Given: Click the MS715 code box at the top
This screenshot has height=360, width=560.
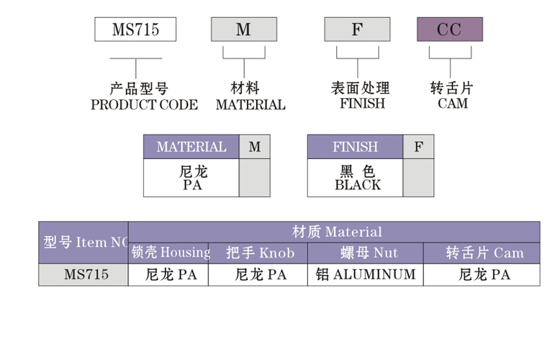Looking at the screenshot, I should pos(135,30).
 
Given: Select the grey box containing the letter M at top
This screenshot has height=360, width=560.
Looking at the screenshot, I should pos(243,30).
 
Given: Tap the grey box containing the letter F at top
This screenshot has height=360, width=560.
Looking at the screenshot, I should pos(357,30).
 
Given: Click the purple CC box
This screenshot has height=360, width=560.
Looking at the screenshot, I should pos(450,30).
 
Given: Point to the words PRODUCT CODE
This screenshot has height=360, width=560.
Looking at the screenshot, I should pos(144,105).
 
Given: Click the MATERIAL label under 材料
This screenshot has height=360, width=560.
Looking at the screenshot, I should pos(250,105).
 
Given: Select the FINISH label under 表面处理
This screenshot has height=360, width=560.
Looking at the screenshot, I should pos(362,104).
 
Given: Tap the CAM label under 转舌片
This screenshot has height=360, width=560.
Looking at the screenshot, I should pos(453,104).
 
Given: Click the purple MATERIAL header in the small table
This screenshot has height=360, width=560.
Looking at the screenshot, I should pos(191,147).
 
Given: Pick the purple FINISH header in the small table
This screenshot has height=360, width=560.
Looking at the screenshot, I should pos(355,147).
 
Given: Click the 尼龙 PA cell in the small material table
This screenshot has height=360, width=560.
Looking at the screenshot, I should pos(191,178).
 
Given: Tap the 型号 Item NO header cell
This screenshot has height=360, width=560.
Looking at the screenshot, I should pos(83,243).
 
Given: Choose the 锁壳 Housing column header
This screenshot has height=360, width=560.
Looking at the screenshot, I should pos(170,253).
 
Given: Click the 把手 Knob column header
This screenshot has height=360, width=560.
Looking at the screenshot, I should pos(259,253).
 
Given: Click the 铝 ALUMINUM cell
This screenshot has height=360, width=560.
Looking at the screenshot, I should pos(366,274).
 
